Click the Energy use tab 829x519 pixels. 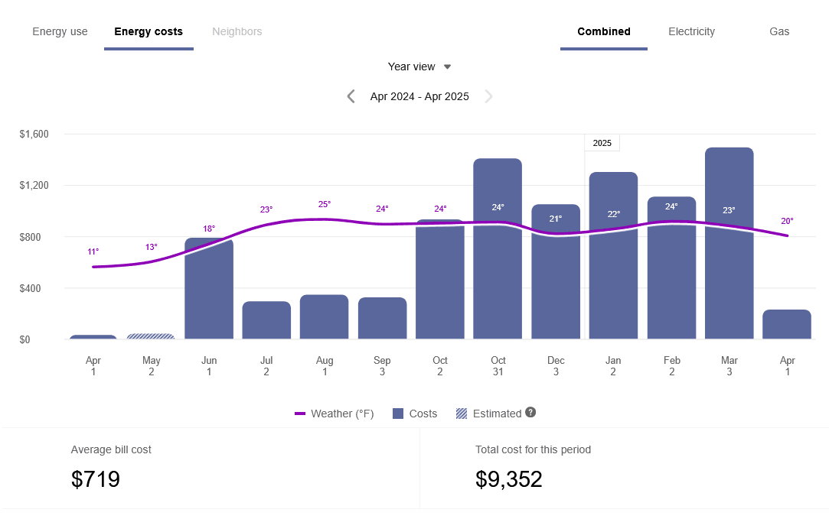(x=60, y=32)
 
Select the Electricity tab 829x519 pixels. (x=691, y=32)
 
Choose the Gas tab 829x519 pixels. (x=779, y=32)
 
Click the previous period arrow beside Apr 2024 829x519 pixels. (x=351, y=96)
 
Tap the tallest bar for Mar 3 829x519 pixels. (x=729, y=245)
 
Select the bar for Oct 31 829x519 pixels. (x=498, y=252)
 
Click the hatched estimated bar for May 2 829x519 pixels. (x=151, y=336)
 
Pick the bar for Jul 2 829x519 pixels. (x=266, y=321)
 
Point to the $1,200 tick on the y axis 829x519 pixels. (x=34, y=186)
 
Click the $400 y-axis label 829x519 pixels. (x=34, y=288)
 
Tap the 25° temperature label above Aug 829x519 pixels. (x=325, y=204)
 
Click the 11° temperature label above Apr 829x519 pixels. (x=93, y=251)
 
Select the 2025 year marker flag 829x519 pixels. (x=602, y=143)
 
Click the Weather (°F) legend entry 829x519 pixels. (x=335, y=414)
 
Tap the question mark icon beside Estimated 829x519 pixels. (x=530, y=412)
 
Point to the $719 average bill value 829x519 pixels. (x=96, y=479)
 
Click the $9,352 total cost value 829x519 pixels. (x=509, y=479)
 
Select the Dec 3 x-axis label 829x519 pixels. (x=556, y=366)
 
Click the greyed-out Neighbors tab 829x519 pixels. (x=237, y=32)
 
